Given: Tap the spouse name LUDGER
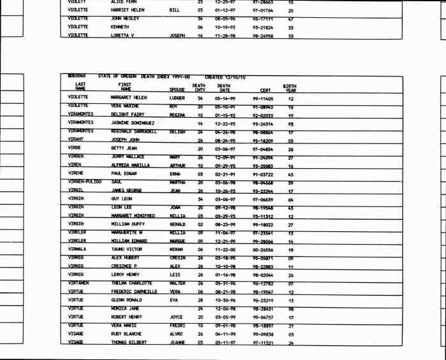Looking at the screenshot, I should pos(177,98).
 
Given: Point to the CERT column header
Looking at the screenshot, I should pos(266,90).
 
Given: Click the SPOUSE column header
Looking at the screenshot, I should pos(178,90).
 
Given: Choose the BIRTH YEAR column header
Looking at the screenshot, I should pos(290,87).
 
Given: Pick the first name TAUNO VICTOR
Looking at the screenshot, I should pos(126,249).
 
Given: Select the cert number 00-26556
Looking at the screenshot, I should pos(263,249).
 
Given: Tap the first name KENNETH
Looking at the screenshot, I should pos(120,27).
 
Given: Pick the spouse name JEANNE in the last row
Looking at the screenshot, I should pos(177,342).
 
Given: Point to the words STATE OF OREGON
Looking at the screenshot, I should pos(119,76).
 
